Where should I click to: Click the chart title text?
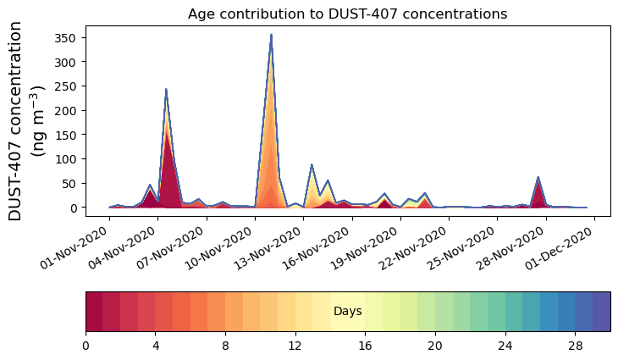[347, 14]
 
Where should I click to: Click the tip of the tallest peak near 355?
[271, 35]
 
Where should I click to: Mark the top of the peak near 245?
[166, 89]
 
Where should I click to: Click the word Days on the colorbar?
[347, 312]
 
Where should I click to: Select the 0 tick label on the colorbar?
[86, 346]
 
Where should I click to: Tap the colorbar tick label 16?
[365, 346]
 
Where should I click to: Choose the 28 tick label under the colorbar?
[575, 346]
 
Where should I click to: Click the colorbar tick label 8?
[225, 346]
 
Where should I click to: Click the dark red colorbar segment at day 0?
[94, 312]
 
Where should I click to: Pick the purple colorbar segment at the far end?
[601, 312]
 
